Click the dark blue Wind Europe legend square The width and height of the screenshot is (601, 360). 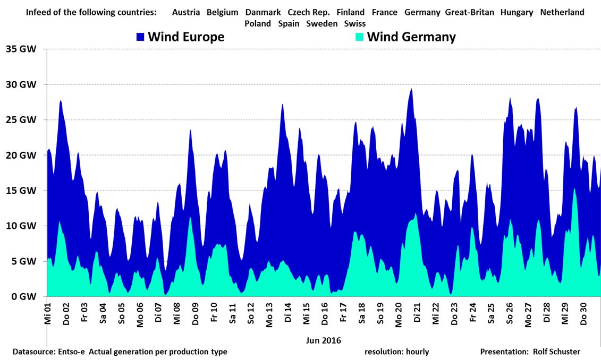pos(141,37)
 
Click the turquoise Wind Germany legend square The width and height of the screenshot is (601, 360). pos(360,37)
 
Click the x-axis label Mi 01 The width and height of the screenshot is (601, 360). pos(47,314)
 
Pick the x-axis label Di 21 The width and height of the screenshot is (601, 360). pos(417,314)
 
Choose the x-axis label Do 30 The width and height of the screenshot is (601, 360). pos(583,314)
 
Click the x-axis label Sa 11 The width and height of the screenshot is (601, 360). pos(232,314)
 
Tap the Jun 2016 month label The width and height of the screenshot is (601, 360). pos(324,340)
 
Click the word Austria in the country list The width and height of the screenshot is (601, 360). pos(186,12)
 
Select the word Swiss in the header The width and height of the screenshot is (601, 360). pos(354,23)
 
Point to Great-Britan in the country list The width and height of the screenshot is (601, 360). pos(469,12)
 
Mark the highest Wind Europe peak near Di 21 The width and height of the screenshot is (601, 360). pos(411,89)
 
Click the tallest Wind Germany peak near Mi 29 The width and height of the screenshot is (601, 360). pos(574,188)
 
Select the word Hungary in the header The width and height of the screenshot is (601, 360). pos(517,12)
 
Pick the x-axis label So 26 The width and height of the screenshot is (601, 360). pos(510,314)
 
